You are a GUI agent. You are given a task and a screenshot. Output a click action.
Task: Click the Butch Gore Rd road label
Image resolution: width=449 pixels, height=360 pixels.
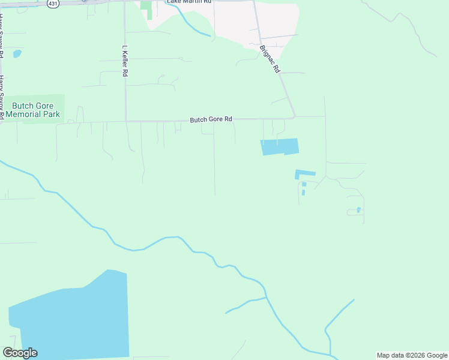click(211, 119)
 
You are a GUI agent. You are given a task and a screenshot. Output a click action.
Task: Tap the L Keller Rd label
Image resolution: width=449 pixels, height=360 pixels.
click(125, 61)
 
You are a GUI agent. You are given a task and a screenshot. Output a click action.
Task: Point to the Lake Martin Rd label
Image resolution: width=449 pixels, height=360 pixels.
click(189, 2)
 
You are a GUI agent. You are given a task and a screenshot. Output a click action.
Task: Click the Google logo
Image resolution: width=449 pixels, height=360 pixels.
click(20, 353)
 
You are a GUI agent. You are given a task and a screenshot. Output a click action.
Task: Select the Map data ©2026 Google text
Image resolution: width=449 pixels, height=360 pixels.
click(411, 355)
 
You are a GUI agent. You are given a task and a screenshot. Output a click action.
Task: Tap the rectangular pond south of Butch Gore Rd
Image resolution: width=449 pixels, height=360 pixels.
click(279, 146)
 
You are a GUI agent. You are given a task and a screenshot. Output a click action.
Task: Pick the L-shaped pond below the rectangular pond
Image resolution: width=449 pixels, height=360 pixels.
click(304, 174)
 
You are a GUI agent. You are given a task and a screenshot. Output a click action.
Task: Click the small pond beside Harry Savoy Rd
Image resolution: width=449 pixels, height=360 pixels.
click(17, 54)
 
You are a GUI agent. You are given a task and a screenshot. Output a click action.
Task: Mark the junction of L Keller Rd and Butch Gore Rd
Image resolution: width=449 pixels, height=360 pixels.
click(125, 121)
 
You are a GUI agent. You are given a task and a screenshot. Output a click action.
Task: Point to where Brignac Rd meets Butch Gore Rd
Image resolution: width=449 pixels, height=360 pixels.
click(295, 117)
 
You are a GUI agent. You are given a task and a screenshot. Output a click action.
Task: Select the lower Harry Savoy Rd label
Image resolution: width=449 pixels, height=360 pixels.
click(2, 96)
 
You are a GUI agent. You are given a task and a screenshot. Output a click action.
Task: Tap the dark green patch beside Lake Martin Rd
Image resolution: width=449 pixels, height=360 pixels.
click(146, 8)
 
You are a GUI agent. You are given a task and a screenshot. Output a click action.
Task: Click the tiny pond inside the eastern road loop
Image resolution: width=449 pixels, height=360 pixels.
click(358, 209)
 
